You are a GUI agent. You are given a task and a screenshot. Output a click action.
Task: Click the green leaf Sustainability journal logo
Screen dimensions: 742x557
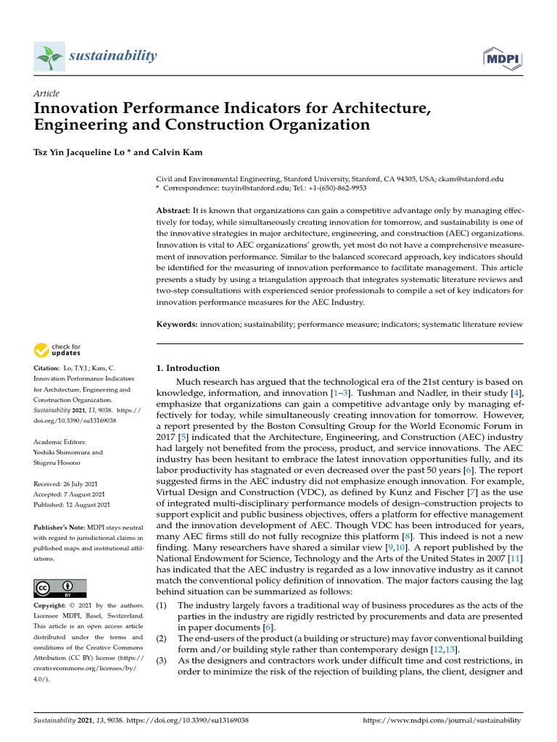(49, 57)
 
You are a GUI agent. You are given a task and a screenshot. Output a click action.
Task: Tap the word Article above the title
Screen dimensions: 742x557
(46, 93)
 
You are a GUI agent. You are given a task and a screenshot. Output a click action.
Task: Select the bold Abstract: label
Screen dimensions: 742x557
(175, 210)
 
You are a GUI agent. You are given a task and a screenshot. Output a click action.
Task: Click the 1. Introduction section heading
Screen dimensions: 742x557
(188, 368)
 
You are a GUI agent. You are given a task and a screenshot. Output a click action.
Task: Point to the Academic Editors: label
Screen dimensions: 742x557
(59, 442)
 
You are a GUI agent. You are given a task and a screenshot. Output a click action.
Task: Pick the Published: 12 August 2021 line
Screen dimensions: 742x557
(72, 504)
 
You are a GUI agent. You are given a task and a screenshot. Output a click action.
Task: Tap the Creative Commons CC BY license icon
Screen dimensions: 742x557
(60, 588)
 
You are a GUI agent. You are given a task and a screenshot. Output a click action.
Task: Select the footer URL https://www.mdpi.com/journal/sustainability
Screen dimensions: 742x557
(441, 720)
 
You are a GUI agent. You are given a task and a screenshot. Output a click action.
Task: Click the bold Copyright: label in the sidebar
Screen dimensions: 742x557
(54, 604)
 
